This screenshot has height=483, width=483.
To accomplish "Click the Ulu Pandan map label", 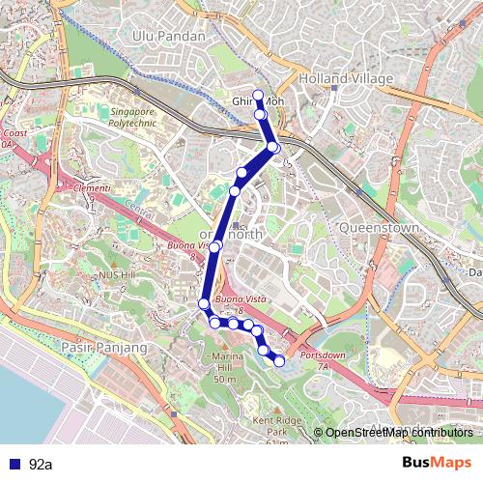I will pos(169,36).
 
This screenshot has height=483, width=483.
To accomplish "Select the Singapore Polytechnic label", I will pos(132,118).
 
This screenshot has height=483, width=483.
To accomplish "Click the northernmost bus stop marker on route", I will pos(258,95).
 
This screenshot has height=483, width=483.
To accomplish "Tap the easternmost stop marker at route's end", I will pos(279,361).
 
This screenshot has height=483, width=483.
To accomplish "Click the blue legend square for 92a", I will pos(12,464).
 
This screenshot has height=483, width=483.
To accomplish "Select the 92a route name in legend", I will pos(41,465).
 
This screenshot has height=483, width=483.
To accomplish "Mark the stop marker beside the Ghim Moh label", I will pos(261,115).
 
